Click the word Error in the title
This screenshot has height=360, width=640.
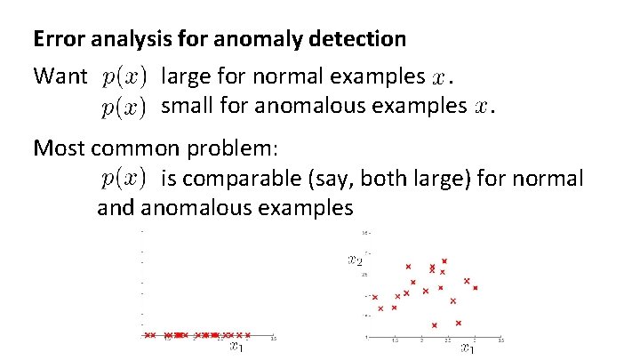point(55,40)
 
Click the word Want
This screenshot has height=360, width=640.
point(60,77)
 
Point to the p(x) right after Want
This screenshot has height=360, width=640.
point(124,77)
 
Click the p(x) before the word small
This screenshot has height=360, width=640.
point(124,108)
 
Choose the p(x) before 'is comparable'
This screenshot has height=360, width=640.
point(124,179)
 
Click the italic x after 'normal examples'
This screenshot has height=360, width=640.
point(438,79)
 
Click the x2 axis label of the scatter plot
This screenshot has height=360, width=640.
point(355,260)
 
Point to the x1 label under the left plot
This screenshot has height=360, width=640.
point(236,347)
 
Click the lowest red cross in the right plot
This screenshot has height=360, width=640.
point(435,324)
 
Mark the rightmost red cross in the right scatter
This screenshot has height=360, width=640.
point(476,288)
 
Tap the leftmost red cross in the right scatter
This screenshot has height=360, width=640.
point(375,298)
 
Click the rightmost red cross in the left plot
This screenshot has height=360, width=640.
point(248,335)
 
